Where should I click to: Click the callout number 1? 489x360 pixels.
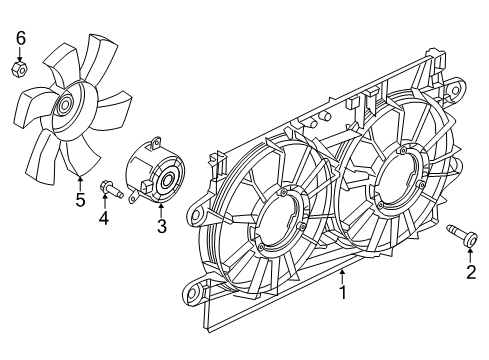point(344,293)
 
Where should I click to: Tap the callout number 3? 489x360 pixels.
point(160,227)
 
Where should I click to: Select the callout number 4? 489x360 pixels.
point(104,219)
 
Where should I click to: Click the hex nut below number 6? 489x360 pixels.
point(20,69)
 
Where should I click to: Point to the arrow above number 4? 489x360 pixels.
point(104,203)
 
